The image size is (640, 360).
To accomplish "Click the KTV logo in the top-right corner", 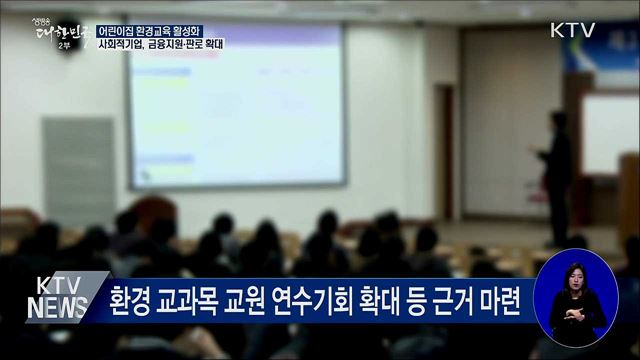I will pyautogui.click(x=572, y=30).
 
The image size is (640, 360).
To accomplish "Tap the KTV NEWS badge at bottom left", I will pyautogui.click(x=55, y=297).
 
